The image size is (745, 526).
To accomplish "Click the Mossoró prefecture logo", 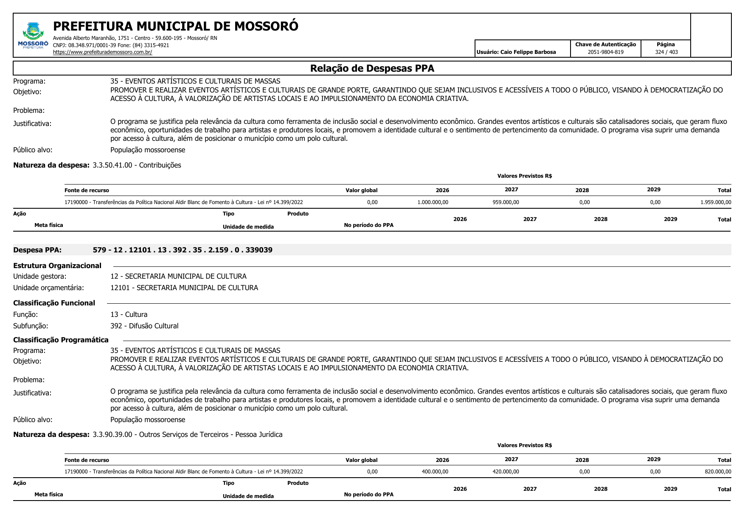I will pos(33,36).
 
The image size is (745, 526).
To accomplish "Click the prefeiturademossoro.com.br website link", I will pos(102,52).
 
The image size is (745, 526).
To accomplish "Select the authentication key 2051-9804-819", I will pos(605,52).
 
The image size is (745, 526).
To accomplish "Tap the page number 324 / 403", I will pos(666,52).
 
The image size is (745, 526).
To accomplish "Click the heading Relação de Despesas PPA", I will pos(372,69).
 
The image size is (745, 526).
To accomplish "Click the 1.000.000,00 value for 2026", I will pos(433,202).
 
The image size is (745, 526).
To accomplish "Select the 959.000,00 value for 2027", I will pos(506,202).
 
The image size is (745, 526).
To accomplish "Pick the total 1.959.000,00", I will pos(716,202).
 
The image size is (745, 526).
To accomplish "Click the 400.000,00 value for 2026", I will pos(435,472).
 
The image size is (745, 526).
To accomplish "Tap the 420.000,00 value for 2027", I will pos(506,472).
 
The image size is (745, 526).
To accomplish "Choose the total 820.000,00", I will pos(718,472).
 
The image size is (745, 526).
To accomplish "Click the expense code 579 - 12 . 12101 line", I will pos(183,250).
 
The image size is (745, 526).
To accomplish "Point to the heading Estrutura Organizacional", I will pos(57,266).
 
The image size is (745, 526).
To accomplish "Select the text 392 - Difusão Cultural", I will pos(144,326).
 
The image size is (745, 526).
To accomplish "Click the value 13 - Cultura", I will pos(129,314).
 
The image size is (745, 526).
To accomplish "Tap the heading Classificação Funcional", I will pos(54,303).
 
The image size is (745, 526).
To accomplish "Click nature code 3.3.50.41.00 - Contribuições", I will pos(137,165).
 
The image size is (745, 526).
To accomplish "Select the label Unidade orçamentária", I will pos(48,288).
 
